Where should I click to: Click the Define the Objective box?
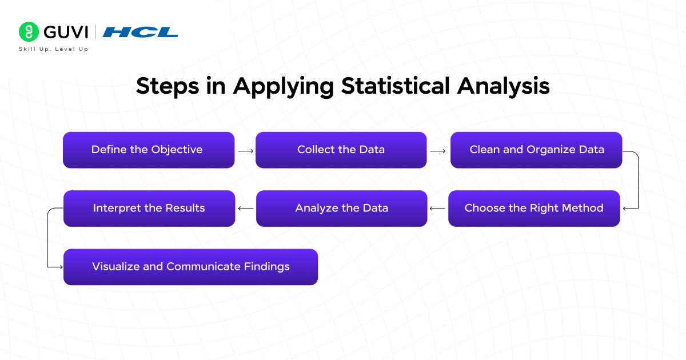pyautogui.click(x=149, y=150)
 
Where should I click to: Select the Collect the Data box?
pyautogui.click(x=341, y=150)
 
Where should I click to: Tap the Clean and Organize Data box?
pyautogui.click(x=536, y=150)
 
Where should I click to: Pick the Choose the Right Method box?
pyautogui.click(x=534, y=208)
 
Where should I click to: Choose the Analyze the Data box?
pyautogui.click(x=341, y=208)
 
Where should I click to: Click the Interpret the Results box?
pyautogui.click(x=149, y=208)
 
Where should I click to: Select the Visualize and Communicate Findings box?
pyautogui.click(x=190, y=266)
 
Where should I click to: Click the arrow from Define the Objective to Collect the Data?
pyautogui.click(x=245, y=151)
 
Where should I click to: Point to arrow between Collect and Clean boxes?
pyautogui.click(x=438, y=151)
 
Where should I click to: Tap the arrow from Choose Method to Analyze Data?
pyautogui.click(x=438, y=209)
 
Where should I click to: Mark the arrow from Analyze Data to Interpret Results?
pyautogui.click(x=246, y=209)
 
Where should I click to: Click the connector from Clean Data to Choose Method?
pyautogui.click(x=637, y=180)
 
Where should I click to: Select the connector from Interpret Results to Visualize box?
pyautogui.click(x=48, y=238)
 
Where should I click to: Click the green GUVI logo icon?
pyautogui.click(x=29, y=31)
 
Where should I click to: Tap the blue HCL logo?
pyautogui.click(x=141, y=32)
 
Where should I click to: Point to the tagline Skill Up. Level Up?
pyautogui.click(x=53, y=49)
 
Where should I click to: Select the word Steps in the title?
pyautogui.click(x=167, y=86)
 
